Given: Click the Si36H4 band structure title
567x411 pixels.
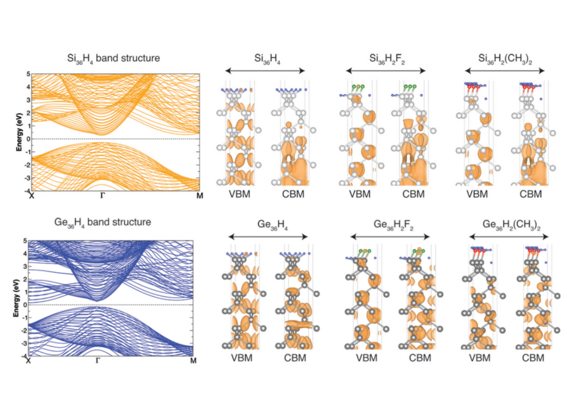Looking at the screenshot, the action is [113, 58].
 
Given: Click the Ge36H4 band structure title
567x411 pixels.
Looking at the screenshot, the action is [102, 222].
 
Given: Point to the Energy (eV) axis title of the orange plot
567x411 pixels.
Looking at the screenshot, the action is [19, 132].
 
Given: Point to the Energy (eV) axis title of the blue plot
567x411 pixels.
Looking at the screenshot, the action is [16, 298].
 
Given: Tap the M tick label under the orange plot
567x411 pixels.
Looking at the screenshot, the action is [200, 196].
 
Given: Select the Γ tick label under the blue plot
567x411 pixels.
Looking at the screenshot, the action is [98, 360].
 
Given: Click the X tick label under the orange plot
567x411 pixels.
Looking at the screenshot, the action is [32, 196].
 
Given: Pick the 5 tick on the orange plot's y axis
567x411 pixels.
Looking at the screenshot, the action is [28, 74].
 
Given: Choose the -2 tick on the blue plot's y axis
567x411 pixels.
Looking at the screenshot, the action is [24, 330].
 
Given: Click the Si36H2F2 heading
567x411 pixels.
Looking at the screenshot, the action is [387, 58].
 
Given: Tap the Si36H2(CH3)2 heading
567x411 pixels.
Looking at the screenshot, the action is [505, 58].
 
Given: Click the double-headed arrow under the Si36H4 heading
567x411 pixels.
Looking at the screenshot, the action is [265, 71].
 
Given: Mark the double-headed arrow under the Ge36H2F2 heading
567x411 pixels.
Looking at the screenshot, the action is [390, 237].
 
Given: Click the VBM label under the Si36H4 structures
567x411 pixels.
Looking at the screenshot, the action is [239, 194].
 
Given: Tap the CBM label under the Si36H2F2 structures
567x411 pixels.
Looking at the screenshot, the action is [413, 194].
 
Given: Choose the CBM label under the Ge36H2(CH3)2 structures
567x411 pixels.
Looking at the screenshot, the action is [533, 358].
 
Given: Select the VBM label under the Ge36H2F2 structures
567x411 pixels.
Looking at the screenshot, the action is [367, 358].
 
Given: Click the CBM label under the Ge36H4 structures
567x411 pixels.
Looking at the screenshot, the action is [295, 358].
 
